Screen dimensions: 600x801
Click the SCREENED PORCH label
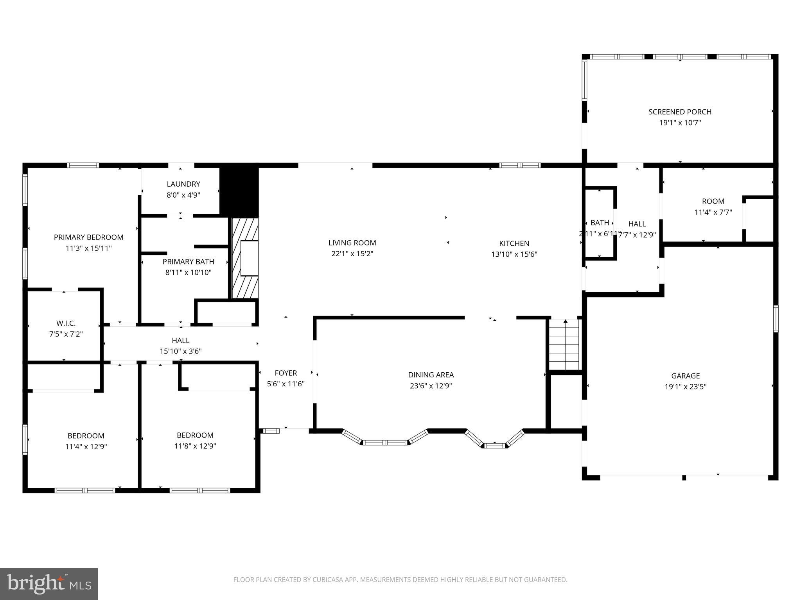tap(680, 112)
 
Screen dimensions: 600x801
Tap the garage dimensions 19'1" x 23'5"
tap(685, 387)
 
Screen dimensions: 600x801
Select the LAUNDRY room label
tap(183, 184)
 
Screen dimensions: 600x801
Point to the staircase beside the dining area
tap(564, 345)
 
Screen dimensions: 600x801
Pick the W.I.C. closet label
tap(66, 323)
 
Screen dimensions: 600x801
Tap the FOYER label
tap(286, 373)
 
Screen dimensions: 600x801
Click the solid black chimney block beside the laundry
tap(239, 190)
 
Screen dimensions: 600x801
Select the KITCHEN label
tap(514, 243)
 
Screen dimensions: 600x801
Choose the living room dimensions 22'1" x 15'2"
tap(352, 254)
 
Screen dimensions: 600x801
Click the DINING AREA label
tap(431, 375)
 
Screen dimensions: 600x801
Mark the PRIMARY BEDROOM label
tap(88, 237)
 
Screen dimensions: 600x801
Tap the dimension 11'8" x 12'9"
tap(195, 446)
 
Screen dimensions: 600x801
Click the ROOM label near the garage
tap(713, 201)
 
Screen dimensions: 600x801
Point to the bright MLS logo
tap(48, 584)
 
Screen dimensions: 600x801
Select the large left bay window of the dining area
tap(385, 442)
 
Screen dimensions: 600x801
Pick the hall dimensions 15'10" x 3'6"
tap(180, 351)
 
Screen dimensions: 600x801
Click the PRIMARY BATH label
tap(188, 262)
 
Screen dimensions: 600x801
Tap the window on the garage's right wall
tap(776, 319)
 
